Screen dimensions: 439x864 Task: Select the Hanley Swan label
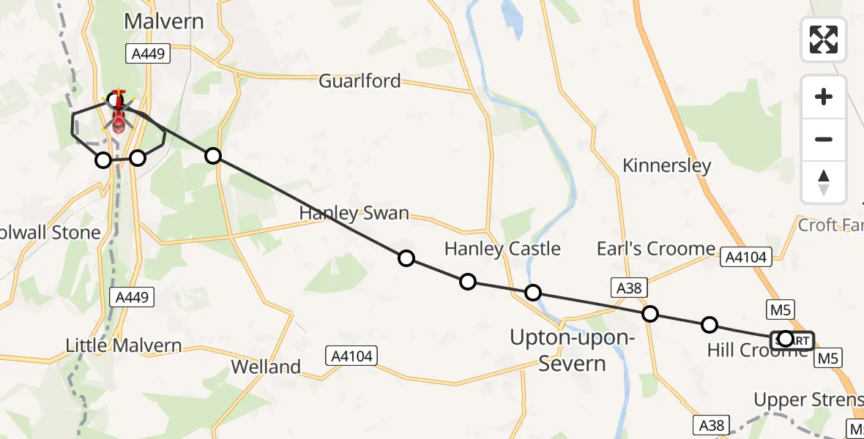[x=354, y=214]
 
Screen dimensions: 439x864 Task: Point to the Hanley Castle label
[x=502, y=249]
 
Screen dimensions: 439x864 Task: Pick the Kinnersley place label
[x=666, y=165]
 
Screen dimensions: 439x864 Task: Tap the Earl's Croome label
[x=655, y=249]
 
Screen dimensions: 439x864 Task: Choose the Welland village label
[x=266, y=366]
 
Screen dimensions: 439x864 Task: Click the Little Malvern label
[x=123, y=345]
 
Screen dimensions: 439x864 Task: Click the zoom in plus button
[x=824, y=97]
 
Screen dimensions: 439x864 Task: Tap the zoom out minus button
[x=824, y=139]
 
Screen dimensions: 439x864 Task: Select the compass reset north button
[x=824, y=181]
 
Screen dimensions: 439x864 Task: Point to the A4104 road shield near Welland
[x=350, y=356]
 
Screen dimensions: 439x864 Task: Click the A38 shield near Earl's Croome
[x=629, y=288]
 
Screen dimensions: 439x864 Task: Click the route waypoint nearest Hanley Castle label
[x=468, y=282]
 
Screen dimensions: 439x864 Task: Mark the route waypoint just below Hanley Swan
[x=406, y=258]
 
